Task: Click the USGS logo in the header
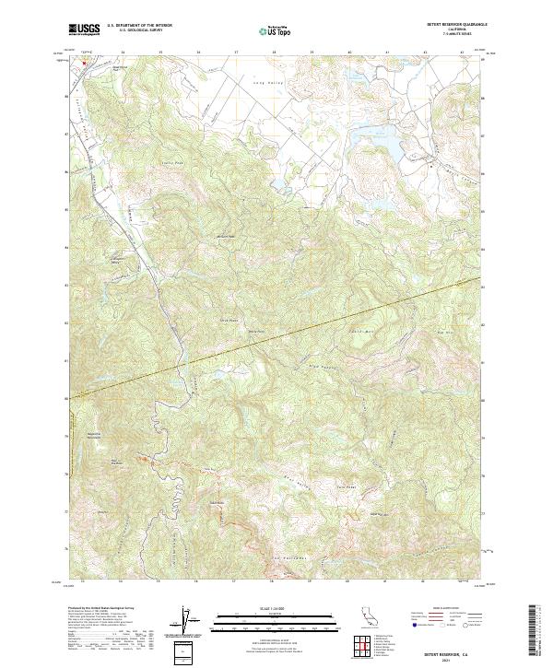(x=85, y=29)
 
